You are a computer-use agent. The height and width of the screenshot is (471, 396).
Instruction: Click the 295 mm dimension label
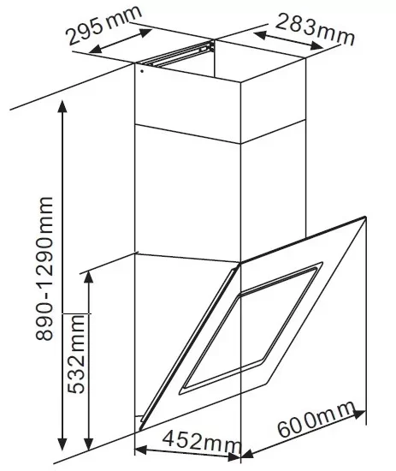click(103, 25)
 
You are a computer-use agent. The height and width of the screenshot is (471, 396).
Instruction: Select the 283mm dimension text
click(315, 29)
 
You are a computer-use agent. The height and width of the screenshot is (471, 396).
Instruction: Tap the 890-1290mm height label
click(44, 268)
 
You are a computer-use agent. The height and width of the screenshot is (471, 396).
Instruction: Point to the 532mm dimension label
click(76, 354)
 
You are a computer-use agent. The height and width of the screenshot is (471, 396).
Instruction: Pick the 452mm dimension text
click(202, 441)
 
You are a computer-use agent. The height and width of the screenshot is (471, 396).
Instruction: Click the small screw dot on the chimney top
click(142, 71)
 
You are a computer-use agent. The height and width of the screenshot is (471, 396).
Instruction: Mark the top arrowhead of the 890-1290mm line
click(62, 106)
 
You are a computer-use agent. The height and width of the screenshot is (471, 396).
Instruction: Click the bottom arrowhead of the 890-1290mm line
click(62, 444)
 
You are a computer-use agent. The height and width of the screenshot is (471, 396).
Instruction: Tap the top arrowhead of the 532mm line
click(88, 277)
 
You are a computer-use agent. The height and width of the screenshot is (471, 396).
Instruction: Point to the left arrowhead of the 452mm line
click(140, 450)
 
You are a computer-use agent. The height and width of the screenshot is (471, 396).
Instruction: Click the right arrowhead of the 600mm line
click(359, 414)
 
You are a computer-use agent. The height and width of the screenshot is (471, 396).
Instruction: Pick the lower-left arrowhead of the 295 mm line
click(96, 50)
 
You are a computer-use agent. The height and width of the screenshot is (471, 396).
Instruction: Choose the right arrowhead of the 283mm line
click(316, 45)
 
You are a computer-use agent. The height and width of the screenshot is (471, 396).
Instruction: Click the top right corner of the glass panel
click(366, 217)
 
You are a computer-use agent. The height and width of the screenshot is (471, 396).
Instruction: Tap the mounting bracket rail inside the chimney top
click(180, 54)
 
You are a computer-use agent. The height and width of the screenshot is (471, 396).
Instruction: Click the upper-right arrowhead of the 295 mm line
click(145, 33)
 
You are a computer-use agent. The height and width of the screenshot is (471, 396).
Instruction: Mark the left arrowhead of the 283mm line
click(260, 34)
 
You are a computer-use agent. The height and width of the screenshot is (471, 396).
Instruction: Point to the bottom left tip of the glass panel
click(139, 432)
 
